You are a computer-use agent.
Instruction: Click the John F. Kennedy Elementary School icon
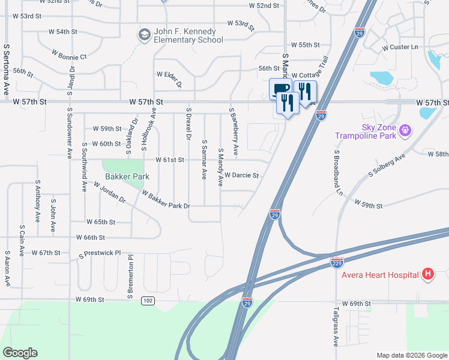pyautogui.click(x=144, y=35)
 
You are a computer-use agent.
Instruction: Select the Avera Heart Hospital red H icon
pyautogui.click(x=427, y=275)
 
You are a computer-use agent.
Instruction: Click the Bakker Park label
pyautogui.click(x=127, y=177)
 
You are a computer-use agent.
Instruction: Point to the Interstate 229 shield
pyautogui.click(x=337, y=263)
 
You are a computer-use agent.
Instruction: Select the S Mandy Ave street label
pyautogui.click(x=221, y=168)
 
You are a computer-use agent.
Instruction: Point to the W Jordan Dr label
pyautogui.click(x=109, y=192)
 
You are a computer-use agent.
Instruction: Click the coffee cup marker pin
pyautogui.click(x=280, y=90)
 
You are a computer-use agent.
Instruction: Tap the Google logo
pyautogui.click(x=20, y=353)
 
